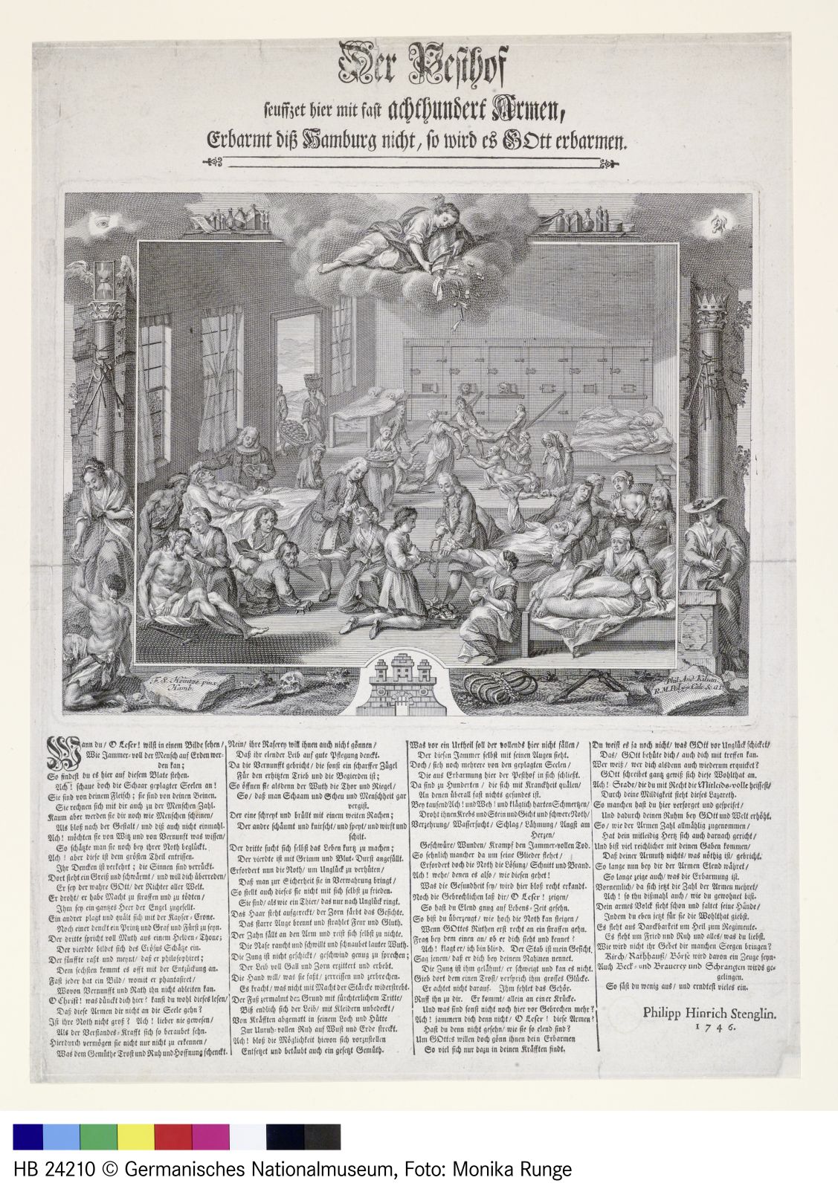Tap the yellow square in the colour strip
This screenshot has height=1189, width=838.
point(135,1136)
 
